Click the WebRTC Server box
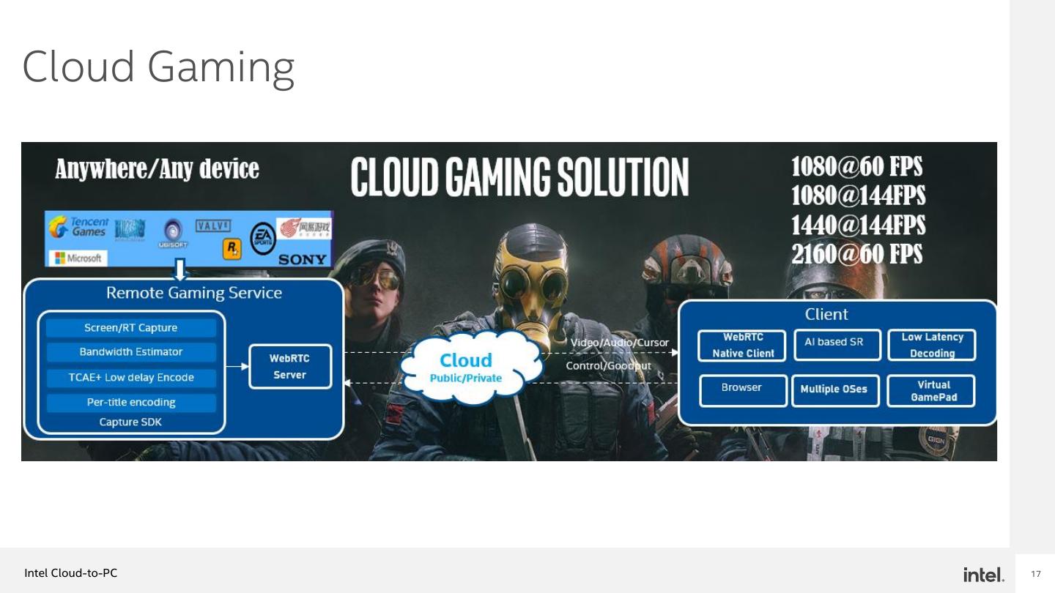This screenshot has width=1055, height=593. [290, 366]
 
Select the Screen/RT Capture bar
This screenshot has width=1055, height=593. [131, 328]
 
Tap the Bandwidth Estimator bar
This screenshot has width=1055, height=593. [131, 352]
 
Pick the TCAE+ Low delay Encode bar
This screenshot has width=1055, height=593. [131, 378]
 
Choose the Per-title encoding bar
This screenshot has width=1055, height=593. [131, 403]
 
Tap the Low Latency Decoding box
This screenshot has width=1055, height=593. [932, 345]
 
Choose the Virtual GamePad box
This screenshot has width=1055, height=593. [932, 390]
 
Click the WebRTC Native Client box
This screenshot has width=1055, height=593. [743, 345]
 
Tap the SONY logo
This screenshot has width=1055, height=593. [302, 259]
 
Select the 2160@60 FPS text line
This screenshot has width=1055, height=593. [856, 254]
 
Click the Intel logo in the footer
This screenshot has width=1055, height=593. [983, 575]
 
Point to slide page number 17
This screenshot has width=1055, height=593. [1035, 574]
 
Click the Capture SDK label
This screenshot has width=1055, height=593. [130, 422]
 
